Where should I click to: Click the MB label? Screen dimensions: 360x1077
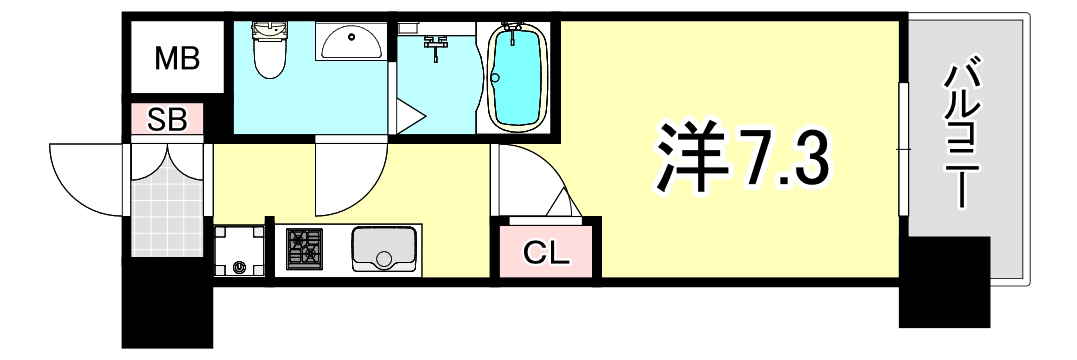[x=176, y=58]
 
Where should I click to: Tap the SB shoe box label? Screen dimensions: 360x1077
[x=167, y=120]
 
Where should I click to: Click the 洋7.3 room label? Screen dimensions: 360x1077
[x=742, y=158]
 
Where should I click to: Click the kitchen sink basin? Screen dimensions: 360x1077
[x=384, y=250]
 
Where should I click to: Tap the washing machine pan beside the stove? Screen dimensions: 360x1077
[x=240, y=250]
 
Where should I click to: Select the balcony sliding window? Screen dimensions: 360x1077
[x=904, y=150]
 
